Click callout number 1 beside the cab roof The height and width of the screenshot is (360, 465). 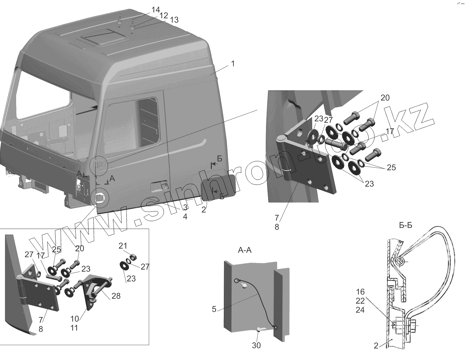(x=232, y=64)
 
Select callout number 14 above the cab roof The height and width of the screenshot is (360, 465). (x=155, y=10)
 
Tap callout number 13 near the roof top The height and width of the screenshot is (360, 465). (x=174, y=20)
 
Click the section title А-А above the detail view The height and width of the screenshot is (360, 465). (x=245, y=250)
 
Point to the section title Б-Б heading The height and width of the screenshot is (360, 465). (x=405, y=226)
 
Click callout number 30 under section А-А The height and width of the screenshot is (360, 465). (x=256, y=345)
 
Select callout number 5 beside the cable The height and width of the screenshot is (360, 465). (x=214, y=309)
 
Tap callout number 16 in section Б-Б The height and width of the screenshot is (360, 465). (x=361, y=292)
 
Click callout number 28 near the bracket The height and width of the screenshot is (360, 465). (x=116, y=296)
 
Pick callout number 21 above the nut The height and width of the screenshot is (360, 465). (x=123, y=246)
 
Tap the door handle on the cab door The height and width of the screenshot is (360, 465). (x=159, y=187)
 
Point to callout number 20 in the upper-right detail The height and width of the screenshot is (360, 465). (x=385, y=98)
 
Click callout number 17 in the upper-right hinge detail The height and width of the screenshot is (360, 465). (x=390, y=131)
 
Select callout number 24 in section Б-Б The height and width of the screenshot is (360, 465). (x=361, y=310)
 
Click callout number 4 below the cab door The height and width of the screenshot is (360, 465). (x=185, y=217)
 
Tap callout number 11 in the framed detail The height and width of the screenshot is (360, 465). (x=74, y=328)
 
